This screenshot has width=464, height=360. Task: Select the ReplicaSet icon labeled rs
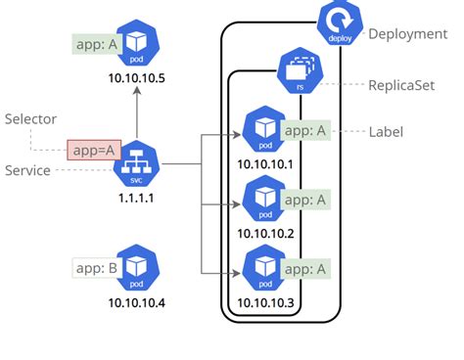pos(297,69)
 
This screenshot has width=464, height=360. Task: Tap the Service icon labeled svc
pos(136,165)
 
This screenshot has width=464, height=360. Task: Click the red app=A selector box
pos(92,151)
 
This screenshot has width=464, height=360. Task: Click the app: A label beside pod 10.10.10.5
pos(94,44)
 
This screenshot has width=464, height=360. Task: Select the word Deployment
pos(407,34)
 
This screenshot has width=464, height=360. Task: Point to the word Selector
pos(31,119)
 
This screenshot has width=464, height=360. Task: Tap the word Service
pos(28,170)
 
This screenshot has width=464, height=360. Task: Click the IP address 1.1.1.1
pos(136,198)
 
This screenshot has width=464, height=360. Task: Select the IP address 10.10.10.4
pos(136,302)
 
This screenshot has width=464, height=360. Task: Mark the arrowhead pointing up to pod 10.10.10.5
pos(136,91)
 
